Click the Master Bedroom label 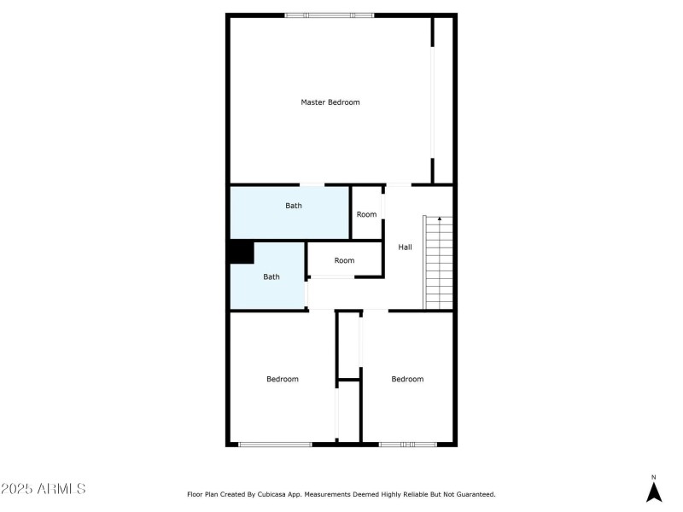pyautogui.click(x=330, y=102)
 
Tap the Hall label pyautogui.click(x=405, y=247)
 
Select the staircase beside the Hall pyautogui.click(x=439, y=263)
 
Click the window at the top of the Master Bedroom pyautogui.click(x=330, y=15)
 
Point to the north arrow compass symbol pyautogui.click(x=654, y=492)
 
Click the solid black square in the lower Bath pyautogui.click(x=242, y=252)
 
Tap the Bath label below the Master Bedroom pyautogui.click(x=294, y=206)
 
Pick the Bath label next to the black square pyautogui.click(x=271, y=276)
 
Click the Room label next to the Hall pyautogui.click(x=366, y=214)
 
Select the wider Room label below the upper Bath pyautogui.click(x=344, y=260)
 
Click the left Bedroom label pyautogui.click(x=283, y=379)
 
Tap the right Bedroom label pyautogui.click(x=407, y=379)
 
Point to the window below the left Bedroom pyautogui.click(x=275, y=445)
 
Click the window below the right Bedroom pyautogui.click(x=408, y=445)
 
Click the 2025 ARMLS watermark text pyautogui.click(x=44, y=488)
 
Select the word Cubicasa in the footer pyautogui.click(x=271, y=495)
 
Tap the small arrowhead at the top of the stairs pyautogui.click(x=440, y=218)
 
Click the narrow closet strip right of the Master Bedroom pyautogui.click(x=443, y=100)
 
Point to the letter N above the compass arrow pyautogui.click(x=653, y=478)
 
